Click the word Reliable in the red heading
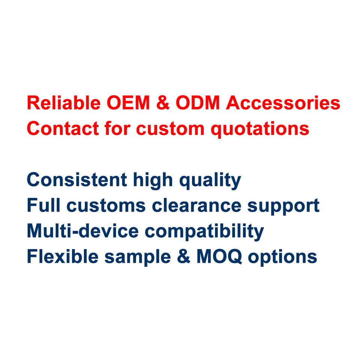(64, 103)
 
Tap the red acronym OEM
(128, 103)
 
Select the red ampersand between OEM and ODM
(163, 103)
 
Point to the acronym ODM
(198, 103)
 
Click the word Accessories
(283, 103)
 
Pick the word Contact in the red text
(63, 128)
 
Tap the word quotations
(260, 129)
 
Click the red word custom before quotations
(170, 129)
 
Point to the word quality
(210, 181)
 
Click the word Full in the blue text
(43, 205)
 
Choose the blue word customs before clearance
(106, 206)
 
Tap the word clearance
(197, 205)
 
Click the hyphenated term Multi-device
(83, 231)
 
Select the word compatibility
(204, 232)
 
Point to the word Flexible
(63, 256)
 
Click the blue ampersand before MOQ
(184, 256)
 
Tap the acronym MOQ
(219, 256)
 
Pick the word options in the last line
(283, 258)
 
